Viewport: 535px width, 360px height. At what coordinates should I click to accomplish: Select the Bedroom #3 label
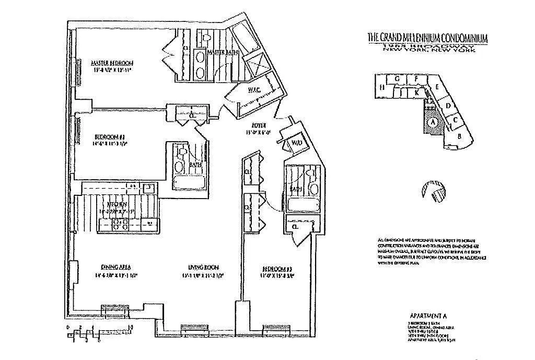tap(275, 270)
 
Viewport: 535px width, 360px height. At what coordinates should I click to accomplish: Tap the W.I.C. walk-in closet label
tap(253, 89)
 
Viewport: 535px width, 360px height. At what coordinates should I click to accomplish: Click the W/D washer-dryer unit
tap(296, 143)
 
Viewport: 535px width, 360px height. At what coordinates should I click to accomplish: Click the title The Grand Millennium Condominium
tap(427, 38)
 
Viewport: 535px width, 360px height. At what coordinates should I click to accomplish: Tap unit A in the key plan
tap(432, 123)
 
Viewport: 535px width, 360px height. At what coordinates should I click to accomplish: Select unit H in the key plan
tap(382, 87)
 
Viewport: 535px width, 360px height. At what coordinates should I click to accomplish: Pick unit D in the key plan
tap(448, 106)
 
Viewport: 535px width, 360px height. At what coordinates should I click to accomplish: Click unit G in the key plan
tap(398, 79)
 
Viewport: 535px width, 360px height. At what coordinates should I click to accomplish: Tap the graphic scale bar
tap(99, 331)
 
